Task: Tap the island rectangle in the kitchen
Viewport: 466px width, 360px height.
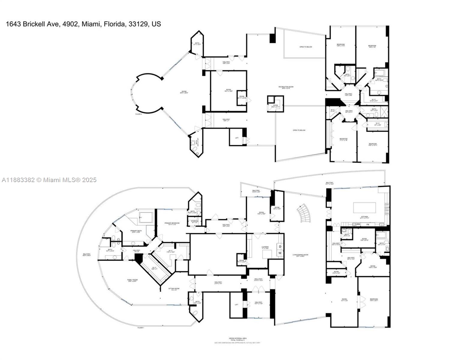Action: pyautogui.click(x=364, y=208)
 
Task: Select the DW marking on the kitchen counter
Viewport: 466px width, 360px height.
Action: pyautogui.click(x=358, y=224)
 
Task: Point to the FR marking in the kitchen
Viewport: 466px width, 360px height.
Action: pyautogui.click(x=368, y=224)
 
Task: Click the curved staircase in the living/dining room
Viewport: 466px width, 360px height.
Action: pyautogui.click(x=304, y=213)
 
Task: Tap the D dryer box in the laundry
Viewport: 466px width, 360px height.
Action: pyautogui.click(x=280, y=247)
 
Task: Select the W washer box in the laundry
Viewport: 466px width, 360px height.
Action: pyautogui.click(x=280, y=253)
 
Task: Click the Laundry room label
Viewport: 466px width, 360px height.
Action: pyautogui.click(x=265, y=248)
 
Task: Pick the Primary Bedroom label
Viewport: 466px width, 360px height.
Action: pyautogui.click(x=172, y=223)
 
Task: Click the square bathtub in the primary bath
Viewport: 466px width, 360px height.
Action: pyautogui.click(x=146, y=217)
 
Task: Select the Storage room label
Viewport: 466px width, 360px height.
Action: pyautogui.click(x=192, y=222)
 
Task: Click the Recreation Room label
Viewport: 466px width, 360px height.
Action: pyautogui.click(x=286, y=88)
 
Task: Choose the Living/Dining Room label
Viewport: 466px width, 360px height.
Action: pyautogui.click(x=300, y=255)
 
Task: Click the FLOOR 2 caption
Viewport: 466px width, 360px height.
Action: pyautogui.click(x=138, y=114)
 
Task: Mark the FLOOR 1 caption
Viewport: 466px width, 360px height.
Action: pyautogui.click(x=141, y=328)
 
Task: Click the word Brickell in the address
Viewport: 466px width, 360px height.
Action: pyautogui.click(x=33, y=24)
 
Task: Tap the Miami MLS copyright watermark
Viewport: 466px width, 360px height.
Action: pyautogui.click(x=49, y=180)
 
